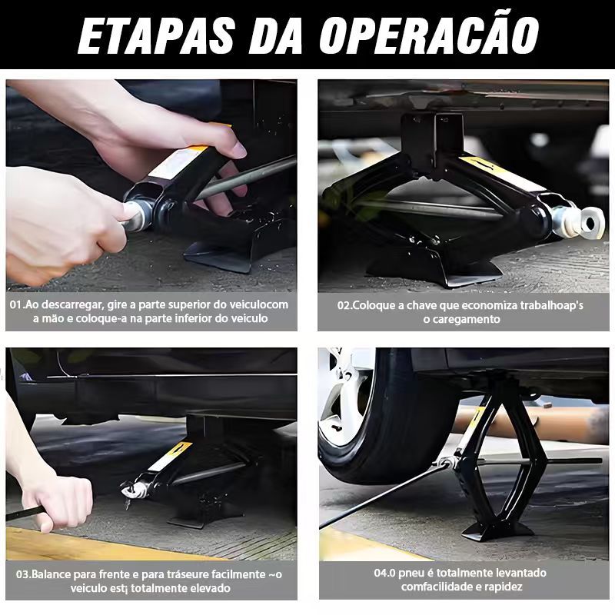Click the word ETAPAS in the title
pyautogui.click(x=157, y=35)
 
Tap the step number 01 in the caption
pyautogui.click(x=15, y=304)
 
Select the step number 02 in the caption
pyautogui.click(x=344, y=305)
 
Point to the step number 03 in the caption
pyautogui.click(x=22, y=574)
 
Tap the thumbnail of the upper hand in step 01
pyautogui.click(x=237, y=150)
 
